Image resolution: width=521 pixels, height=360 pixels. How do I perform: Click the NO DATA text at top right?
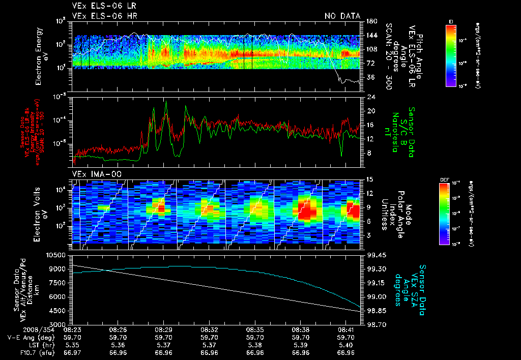(342, 16)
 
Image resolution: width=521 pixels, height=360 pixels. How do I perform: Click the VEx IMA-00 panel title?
(92, 174)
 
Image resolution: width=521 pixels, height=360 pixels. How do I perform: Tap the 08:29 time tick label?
(163, 329)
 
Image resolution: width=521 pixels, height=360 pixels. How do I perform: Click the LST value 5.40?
(346, 344)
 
